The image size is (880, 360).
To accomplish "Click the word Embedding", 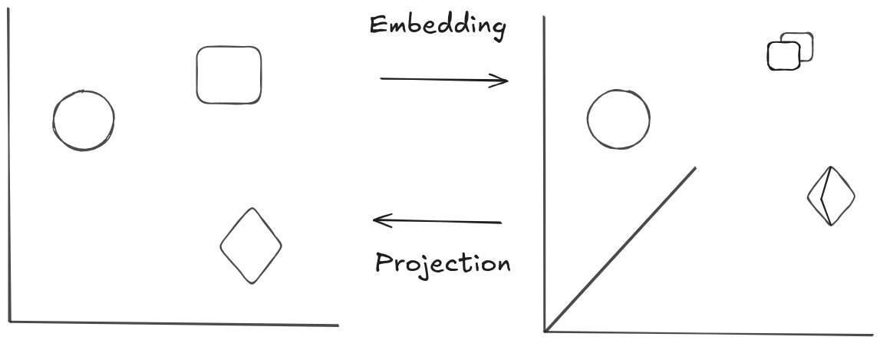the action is (x=437, y=27).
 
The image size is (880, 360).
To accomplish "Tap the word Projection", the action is (x=443, y=263).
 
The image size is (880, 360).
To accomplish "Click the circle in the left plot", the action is (x=84, y=120).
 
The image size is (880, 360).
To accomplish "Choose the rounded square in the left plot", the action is (x=229, y=74).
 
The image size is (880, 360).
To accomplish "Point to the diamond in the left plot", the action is (x=251, y=246).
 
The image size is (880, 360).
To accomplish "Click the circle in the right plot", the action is (x=618, y=119).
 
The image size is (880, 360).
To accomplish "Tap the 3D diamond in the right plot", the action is (x=830, y=196).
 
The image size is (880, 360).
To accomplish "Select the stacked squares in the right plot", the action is (x=789, y=51).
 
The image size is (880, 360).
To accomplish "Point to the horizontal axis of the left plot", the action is (x=173, y=323).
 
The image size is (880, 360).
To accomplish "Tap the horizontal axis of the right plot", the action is (x=706, y=332).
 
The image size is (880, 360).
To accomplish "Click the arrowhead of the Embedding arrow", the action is (x=503, y=80).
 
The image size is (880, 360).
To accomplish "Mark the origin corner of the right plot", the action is (x=545, y=331).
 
